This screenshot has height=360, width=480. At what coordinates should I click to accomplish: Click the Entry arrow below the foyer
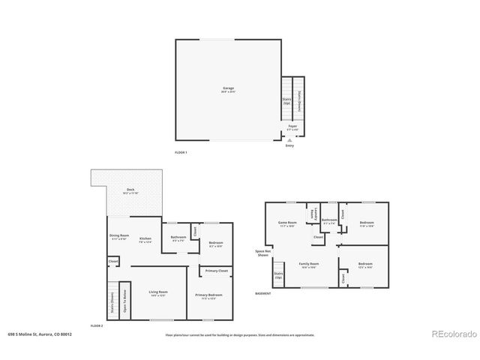click(x=289, y=141)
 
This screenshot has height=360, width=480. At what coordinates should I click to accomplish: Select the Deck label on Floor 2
click(x=130, y=190)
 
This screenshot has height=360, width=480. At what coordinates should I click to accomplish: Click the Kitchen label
click(x=145, y=237)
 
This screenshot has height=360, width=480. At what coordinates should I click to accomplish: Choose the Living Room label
click(x=157, y=292)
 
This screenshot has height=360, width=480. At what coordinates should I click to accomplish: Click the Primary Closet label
click(x=217, y=270)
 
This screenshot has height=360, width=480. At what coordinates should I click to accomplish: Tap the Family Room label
click(x=310, y=265)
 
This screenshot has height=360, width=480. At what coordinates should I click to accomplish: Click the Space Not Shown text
click(x=262, y=253)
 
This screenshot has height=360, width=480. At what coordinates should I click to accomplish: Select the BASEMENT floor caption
click(x=262, y=293)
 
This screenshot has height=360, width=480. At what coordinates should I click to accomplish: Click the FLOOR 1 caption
click(x=180, y=152)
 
